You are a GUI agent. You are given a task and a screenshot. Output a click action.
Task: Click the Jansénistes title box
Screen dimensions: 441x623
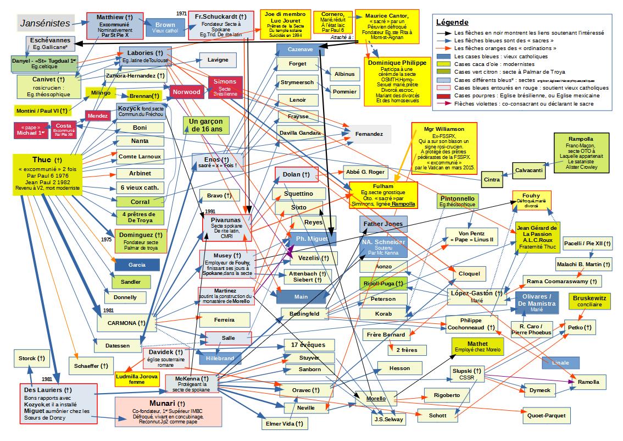(45, 24)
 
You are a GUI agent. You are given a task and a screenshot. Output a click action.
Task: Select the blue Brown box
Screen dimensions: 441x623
(165, 28)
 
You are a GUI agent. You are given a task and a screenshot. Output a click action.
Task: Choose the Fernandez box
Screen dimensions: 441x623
(369, 134)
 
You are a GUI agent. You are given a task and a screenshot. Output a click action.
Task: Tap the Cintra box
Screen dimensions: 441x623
(492, 179)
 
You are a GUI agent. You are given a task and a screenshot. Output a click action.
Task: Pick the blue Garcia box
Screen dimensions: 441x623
(137, 265)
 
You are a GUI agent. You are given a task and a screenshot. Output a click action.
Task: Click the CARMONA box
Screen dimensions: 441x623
(123, 323)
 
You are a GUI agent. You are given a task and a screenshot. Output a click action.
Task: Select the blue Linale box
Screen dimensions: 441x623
(560, 363)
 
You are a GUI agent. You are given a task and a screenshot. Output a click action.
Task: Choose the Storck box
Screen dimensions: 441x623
(27, 359)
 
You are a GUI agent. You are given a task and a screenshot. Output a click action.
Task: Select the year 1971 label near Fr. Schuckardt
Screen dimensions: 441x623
(182, 13)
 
